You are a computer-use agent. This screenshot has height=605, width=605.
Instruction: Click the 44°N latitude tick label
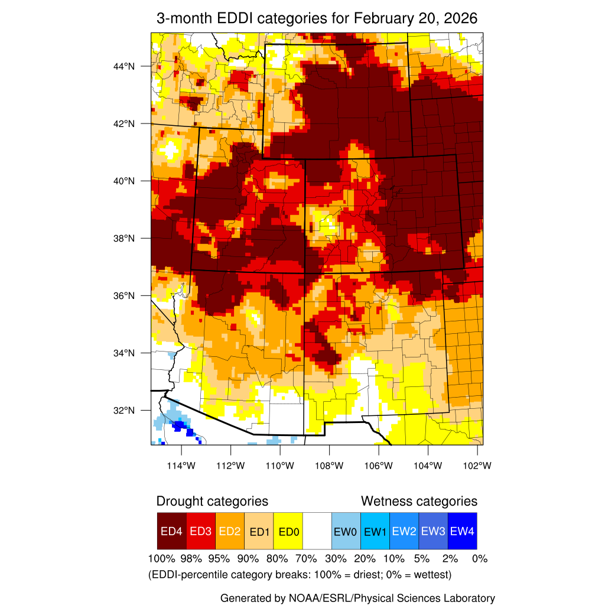click(x=124, y=66)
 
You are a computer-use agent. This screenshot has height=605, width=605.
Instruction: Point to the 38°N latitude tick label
click(x=124, y=238)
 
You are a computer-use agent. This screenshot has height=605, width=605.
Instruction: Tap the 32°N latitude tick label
click(x=124, y=410)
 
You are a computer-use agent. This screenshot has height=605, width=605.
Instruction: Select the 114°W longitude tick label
click(x=181, y=466)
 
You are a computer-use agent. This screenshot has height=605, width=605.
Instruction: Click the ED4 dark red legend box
click(x=171, y=531)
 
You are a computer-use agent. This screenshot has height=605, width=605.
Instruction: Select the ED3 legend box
click(x=200, y=531)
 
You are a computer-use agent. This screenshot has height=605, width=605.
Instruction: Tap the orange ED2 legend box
click(x=230, y=531)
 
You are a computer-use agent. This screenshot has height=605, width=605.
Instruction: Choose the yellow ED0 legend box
click(x=288, y=531)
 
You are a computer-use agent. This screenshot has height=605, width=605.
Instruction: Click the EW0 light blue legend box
click(x=346, y=531)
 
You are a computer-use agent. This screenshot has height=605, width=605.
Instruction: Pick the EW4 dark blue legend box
click(x=462, y=531)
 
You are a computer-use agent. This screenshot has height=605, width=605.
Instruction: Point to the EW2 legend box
click(x=404, y=531)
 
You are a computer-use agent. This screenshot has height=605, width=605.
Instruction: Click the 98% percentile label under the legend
click(x=191, y=558)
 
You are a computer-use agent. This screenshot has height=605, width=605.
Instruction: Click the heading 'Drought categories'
click(x=212, y=502)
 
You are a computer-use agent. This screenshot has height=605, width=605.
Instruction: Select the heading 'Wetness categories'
click(x=419, y=502)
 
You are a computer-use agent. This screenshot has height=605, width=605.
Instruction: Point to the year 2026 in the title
click(x=460, y=18)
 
